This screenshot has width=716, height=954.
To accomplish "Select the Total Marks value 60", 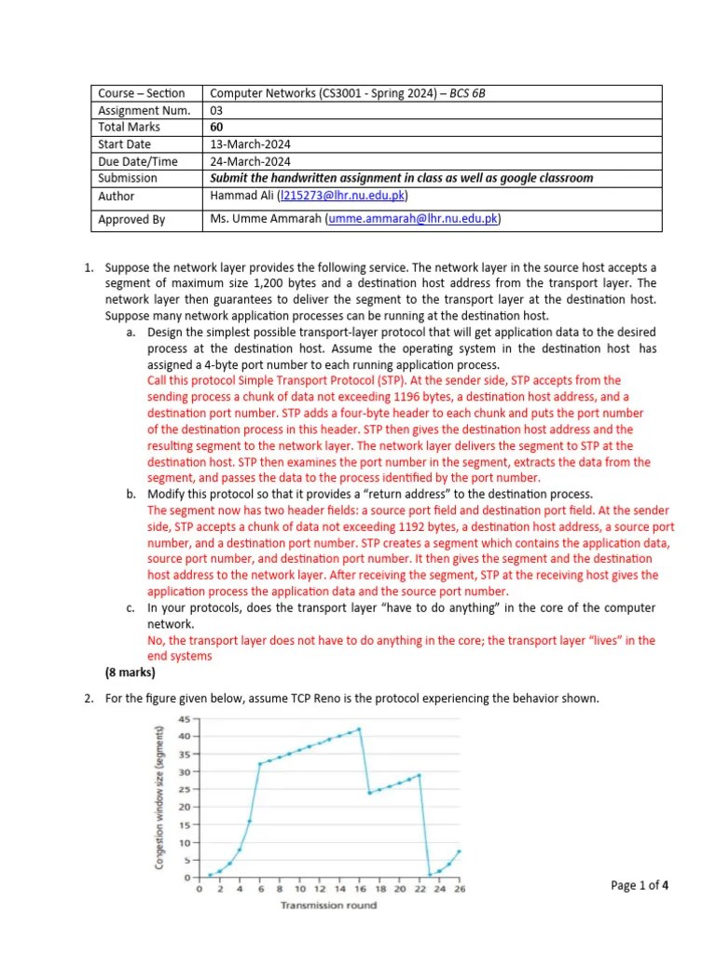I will click(217, 127).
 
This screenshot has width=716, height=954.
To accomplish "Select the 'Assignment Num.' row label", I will click(145, 110).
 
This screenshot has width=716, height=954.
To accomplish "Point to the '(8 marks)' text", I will click(130, 672).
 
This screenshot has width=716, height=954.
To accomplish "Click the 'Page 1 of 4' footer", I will click(640, 885).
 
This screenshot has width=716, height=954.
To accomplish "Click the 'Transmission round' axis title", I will click(329, 906).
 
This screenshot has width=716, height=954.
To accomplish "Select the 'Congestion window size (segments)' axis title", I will click(161, 797).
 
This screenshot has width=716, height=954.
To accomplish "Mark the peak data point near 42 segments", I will click(359, 729).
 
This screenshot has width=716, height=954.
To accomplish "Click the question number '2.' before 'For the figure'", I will click(90, 700).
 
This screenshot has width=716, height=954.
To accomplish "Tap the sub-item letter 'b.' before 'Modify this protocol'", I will click(131, 494).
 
